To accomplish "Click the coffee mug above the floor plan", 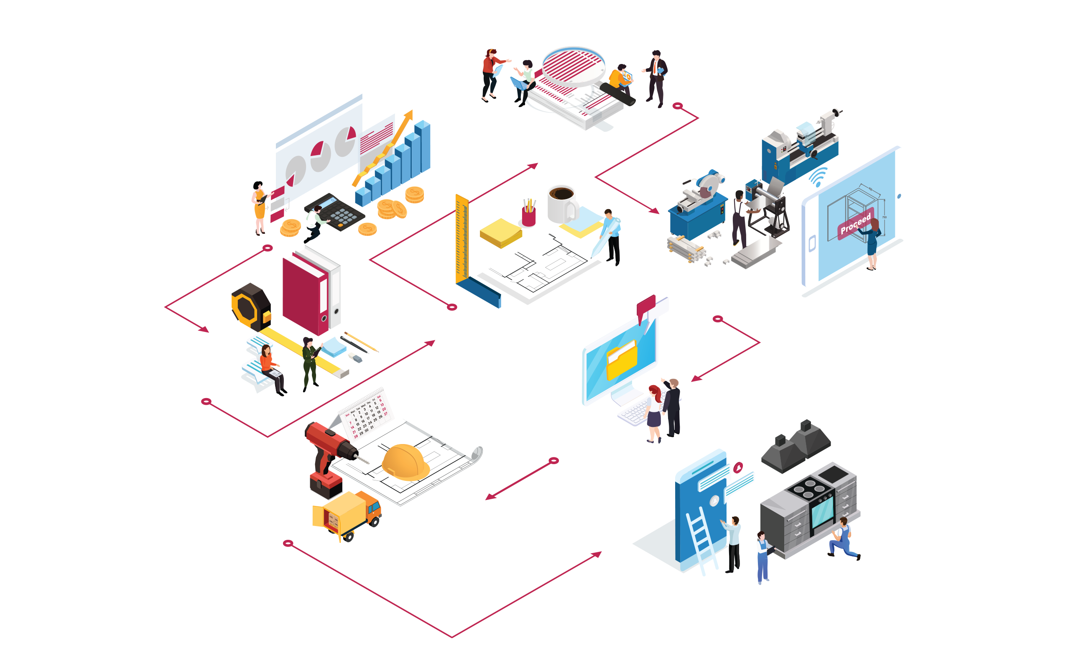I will (x=562, y=204).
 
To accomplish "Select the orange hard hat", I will (x=405, y=462).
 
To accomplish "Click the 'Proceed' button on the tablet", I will (x=855, y=223).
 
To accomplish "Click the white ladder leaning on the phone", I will (x=702, y=542).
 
